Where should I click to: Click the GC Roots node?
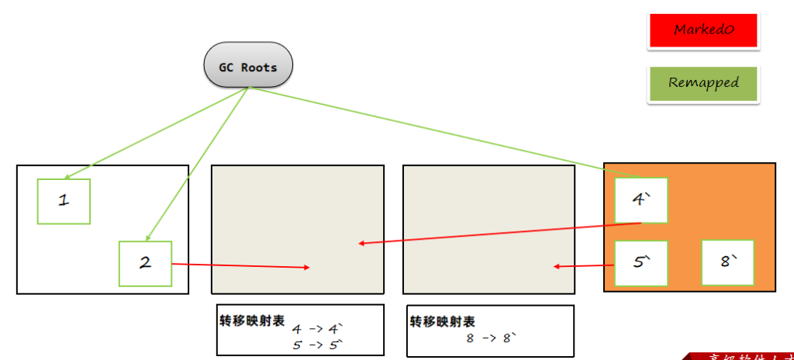click(248, 66)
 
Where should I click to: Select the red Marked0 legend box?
click(703, 31)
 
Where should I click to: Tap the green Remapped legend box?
click(703, 83)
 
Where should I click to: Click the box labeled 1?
click(64, 201)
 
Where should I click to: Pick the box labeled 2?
click(145, 262)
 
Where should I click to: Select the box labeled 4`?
click(640, 199)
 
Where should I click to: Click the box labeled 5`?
click(640, 263)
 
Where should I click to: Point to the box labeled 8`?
click(727, 261)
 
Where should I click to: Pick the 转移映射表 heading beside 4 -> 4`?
click(252, 320)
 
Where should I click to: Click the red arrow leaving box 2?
click(240, 266)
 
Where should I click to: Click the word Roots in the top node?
click(259, 67)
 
